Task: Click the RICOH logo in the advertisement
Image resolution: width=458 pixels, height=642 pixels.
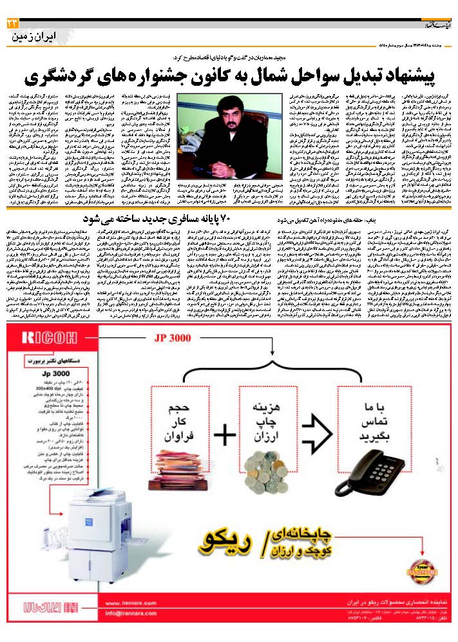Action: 43,336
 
